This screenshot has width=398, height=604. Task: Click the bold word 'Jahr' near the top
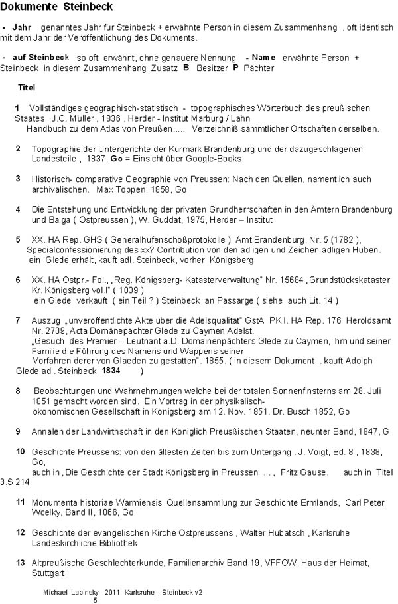(22, 27)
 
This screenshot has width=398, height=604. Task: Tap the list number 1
(17, 108)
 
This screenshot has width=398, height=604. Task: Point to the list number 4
(18, 209)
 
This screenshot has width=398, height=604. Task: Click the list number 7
(18, 320)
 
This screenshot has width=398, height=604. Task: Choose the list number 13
(20, 562)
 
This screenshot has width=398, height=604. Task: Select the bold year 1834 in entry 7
(111, 371)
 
